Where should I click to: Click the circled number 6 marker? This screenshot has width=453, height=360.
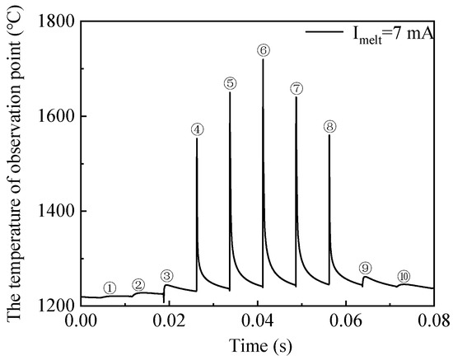pyautogui.click(x=264, y=50)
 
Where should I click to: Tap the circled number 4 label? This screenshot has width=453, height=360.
pyautogui.click(x=197, y=129)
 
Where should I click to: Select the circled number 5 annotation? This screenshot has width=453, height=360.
pyautogui.click(x=230, y=83)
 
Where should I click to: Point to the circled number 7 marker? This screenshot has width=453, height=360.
pyautogui.click(x=297, y=88)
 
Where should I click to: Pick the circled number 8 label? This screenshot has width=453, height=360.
pyautogui.click(x=329, y=127)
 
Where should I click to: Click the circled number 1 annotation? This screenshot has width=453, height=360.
pyautogui.click(x=110, y=288)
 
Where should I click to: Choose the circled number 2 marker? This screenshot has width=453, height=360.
pyautogui.click(x=138, y=285)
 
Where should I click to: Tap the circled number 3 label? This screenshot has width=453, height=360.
pyautogui.click(x=167, y=276)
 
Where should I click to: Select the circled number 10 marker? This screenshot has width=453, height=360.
pyautogui.click(x=404, y=276)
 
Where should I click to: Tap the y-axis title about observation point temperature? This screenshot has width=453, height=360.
pyautogui.click(x=16, y=163)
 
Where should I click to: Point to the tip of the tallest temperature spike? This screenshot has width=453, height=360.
pyautogui.click(x=263, y=60)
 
